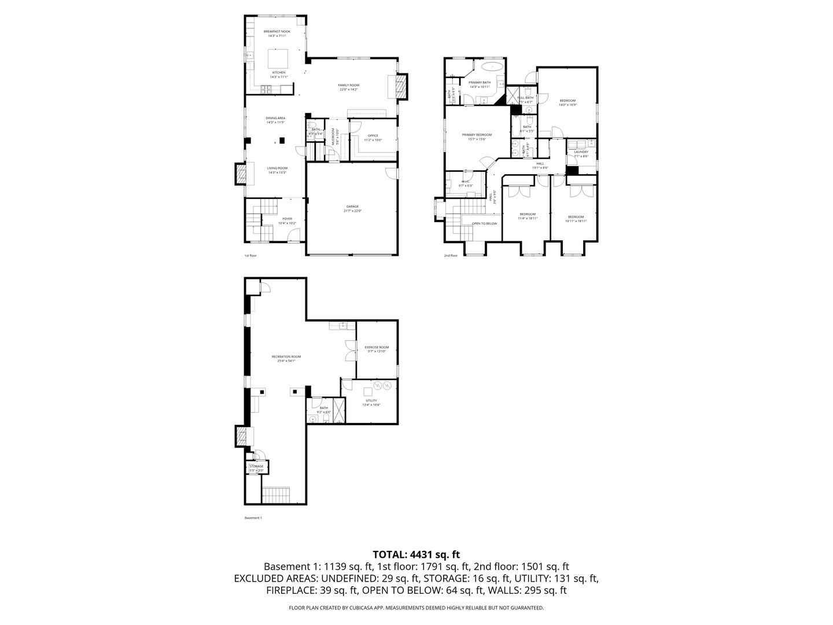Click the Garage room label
352,207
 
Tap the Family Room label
348,86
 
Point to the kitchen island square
277,58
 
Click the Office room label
373,136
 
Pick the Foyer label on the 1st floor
287,219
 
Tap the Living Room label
277,168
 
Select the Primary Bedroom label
477,135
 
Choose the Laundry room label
581,152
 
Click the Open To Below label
484,223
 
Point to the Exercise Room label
377,347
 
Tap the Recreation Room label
286,356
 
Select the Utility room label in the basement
371,400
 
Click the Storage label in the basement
256,466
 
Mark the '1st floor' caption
250,255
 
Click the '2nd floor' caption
450,255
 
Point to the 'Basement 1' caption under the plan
253,518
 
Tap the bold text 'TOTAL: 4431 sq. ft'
416,554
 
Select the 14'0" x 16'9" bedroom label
567,101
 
